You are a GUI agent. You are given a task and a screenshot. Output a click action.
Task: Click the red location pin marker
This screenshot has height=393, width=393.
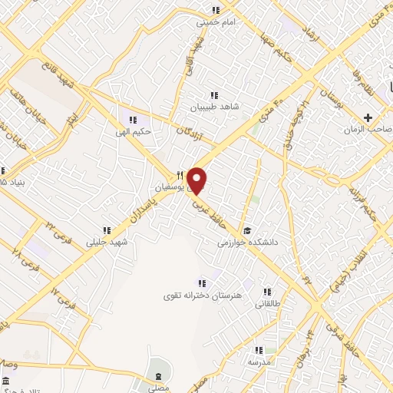pos(197,180)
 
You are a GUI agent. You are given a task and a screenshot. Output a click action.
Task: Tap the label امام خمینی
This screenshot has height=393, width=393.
pos(216,22)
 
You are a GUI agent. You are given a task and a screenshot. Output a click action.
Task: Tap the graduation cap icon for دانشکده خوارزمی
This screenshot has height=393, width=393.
pos(247,230)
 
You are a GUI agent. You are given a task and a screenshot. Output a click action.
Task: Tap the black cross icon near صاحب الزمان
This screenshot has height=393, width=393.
pos(368,117)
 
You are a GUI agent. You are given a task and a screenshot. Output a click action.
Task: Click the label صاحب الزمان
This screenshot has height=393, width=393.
pos(373,130)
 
